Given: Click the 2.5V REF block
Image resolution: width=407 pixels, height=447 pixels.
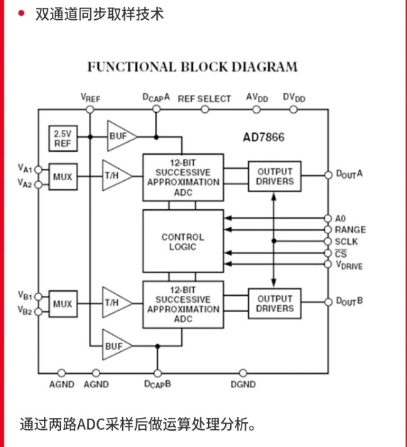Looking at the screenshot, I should pos(62,138).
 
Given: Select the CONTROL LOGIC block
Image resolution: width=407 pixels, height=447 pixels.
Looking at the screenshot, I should pos(183,242).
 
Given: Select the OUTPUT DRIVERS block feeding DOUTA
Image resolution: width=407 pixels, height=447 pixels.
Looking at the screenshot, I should pos(274,176).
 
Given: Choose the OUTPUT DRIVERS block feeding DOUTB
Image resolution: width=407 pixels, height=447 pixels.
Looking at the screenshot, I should pos(274,304).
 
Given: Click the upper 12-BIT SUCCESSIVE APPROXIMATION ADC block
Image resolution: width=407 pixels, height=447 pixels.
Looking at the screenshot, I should pos(183,172).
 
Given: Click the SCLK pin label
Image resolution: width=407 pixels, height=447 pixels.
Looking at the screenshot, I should pos(347,241).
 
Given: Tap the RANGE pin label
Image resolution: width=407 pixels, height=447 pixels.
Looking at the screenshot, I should pos(350,230).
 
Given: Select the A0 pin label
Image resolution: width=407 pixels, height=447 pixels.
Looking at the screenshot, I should pos(340,218).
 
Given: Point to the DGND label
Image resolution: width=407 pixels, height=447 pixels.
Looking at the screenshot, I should pos(243,385).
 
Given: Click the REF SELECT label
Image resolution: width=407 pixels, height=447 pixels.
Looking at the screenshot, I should pos(205,99).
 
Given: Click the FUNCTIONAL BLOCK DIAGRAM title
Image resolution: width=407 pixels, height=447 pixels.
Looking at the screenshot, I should pos(192,67).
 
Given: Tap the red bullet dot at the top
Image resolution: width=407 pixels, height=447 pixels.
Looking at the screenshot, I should pos(21,13).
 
